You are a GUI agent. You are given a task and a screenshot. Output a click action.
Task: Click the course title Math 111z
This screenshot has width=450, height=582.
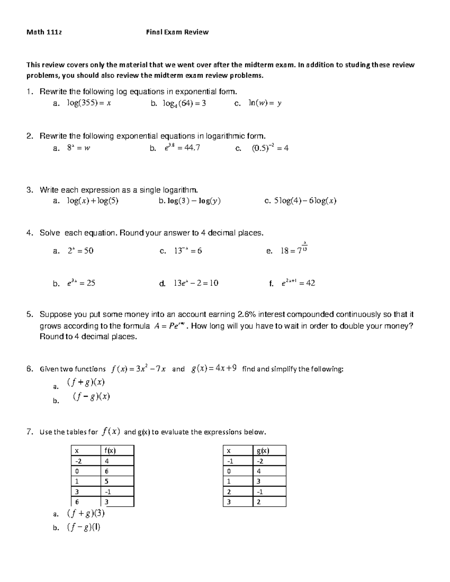tap(44, 32)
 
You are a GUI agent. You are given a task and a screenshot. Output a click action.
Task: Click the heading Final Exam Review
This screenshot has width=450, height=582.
tap(177, 32)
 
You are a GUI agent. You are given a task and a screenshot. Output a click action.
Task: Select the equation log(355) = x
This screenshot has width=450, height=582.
tap(89, 103)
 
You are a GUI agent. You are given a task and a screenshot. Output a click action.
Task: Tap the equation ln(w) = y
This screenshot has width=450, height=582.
tap(264, 103)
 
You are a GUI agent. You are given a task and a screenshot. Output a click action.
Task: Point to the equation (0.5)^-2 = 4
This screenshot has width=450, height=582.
tap(270, 148)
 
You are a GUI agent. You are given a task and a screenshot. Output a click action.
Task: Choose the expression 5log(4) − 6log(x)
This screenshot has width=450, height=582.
tap(305, 201)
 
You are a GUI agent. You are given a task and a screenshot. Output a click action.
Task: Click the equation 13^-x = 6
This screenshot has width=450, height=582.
tap(187, 251)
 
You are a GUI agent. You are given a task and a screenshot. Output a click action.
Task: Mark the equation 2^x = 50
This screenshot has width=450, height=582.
tap(80, 251)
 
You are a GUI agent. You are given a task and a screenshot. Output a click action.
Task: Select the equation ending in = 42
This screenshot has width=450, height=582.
tap(298, 283)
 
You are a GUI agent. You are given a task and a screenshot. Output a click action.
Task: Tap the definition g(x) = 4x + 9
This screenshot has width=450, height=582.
tap(214, 369)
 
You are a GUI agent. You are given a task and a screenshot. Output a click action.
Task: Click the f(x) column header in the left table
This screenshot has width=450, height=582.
tap(110, 450)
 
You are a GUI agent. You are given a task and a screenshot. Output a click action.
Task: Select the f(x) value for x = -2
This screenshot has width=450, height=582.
tap(107, 461)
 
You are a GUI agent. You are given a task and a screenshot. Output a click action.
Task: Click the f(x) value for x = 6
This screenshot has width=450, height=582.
tap(107, 502)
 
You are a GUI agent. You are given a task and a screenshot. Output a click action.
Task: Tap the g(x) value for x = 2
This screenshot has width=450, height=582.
tap(260, 492)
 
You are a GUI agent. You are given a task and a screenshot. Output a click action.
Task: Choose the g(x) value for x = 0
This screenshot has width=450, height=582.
tap(259, 471)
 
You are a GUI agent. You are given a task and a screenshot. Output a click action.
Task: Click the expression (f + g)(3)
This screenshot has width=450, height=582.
tap(85, 513)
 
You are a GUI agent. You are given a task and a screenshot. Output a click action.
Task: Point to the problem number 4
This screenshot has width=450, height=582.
tap(30, 233)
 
